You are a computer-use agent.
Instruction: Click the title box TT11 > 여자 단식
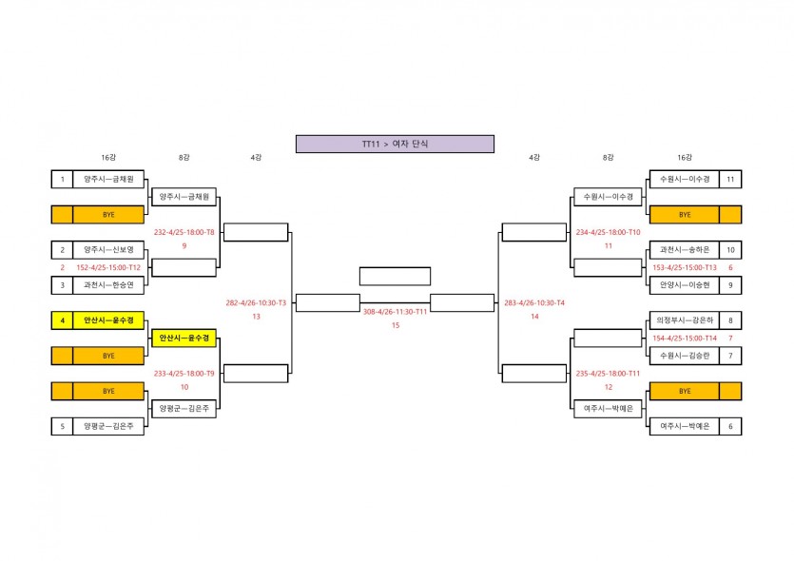click(x=395, y=144)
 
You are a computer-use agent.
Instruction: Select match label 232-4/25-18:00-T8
click(x=184, y=232)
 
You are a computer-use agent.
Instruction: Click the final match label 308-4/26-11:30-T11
click(x=395, y=310)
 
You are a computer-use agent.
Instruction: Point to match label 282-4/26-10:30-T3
click(x=256, y=302)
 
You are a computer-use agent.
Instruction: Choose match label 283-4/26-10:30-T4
click(x=534, y=302)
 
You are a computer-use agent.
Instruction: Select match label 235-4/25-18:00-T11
click(x=608, y=374)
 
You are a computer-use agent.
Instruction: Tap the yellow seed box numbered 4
click(x=62, y=320)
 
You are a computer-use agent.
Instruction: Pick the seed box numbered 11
click(x=729, y=179)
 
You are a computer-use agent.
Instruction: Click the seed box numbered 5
click(x=62, y=427)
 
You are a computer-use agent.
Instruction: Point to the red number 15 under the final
click(x=395, y=325)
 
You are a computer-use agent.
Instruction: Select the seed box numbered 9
click(x=729, y=284)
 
